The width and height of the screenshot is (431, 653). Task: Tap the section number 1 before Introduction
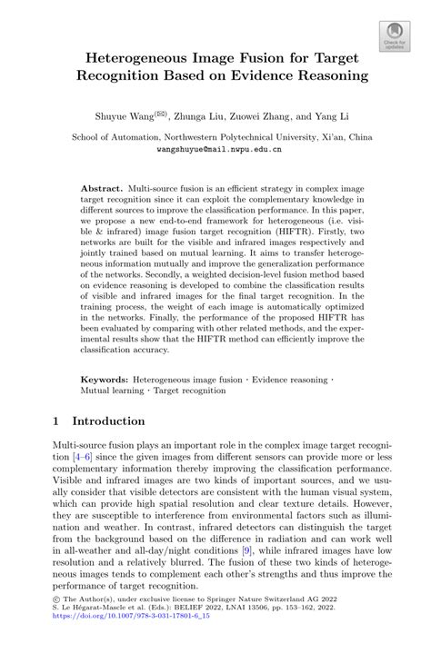click(x=59, y=421)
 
